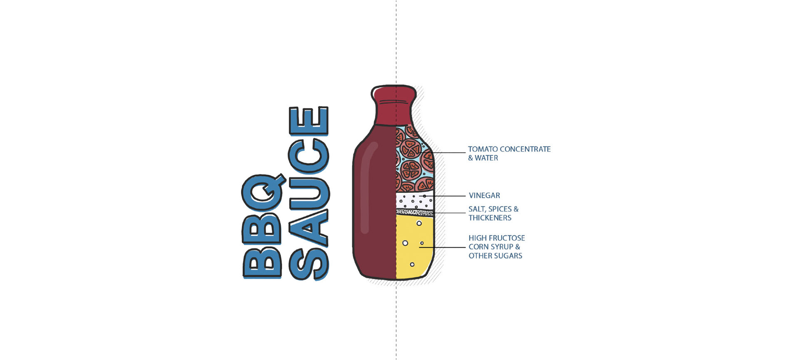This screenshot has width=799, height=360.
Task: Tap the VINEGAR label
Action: (x=484, y=195)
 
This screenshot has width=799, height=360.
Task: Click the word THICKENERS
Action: (x=490, y=218)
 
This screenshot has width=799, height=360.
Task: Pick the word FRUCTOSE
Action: (x=507, y=238)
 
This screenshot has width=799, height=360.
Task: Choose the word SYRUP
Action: (x=502, y=247)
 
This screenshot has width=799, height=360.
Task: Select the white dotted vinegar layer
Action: (x=414, y=201)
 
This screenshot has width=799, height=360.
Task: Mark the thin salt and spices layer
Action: (x=414, y=212)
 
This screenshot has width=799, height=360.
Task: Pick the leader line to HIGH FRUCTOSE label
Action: (x=445, y=247)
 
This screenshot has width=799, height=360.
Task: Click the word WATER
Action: (x=486, y=158)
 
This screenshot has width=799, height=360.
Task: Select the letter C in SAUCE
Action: (x=309, y=156)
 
